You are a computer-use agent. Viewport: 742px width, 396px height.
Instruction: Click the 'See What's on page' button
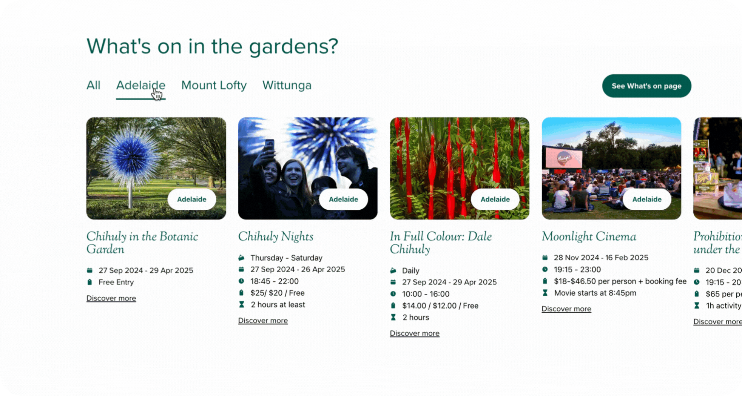pyautogui.click(x=646, y=86)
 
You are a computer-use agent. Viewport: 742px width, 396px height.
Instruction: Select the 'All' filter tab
pyautogui.click(x=93, y=85)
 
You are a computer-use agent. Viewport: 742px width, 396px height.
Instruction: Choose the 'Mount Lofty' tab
pyautogui.click(x=214, y=85)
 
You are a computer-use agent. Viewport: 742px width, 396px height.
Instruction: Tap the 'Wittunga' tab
pyautogui.click(x=287, y=85)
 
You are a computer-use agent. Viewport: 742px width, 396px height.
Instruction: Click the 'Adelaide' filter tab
pyautogui.click(x=140, y=85)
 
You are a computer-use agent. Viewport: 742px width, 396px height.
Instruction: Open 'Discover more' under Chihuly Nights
pyautogui.click(x=263, y=321)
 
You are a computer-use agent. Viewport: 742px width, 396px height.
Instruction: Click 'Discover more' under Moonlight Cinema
pyautogui.click(x=566, y=309)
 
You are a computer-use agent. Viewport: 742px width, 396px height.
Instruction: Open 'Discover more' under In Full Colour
pyautogui.click(x=414, y=333)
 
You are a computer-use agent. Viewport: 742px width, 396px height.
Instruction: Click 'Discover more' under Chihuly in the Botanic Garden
pyautogui.click(x=111, y=298)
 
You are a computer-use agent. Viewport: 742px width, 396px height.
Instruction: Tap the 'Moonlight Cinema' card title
pyautogui.click(x=589, y=236)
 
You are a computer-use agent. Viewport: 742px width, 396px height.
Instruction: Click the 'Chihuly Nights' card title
pyautogui.click(x=276, y=236)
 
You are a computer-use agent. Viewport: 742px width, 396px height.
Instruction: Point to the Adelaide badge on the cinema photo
pyautogui.click(x=646, y=199)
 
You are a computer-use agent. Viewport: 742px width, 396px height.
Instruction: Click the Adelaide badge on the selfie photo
pyautogui.click(x=343, y=199)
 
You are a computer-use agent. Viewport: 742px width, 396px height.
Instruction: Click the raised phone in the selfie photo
pyautogui.click(x=269, y=145)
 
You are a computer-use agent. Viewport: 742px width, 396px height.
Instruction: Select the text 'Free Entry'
pyautogui.click(x=116, y=282)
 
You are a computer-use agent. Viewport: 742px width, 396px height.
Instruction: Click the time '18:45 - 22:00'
pyautogui.click(x=275, y=281)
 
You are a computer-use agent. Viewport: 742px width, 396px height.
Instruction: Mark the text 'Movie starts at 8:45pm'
pyautogui.click(x=595, y=293)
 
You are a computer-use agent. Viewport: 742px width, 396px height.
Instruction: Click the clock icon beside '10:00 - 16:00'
pyautogui.click(x=393, y=294)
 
